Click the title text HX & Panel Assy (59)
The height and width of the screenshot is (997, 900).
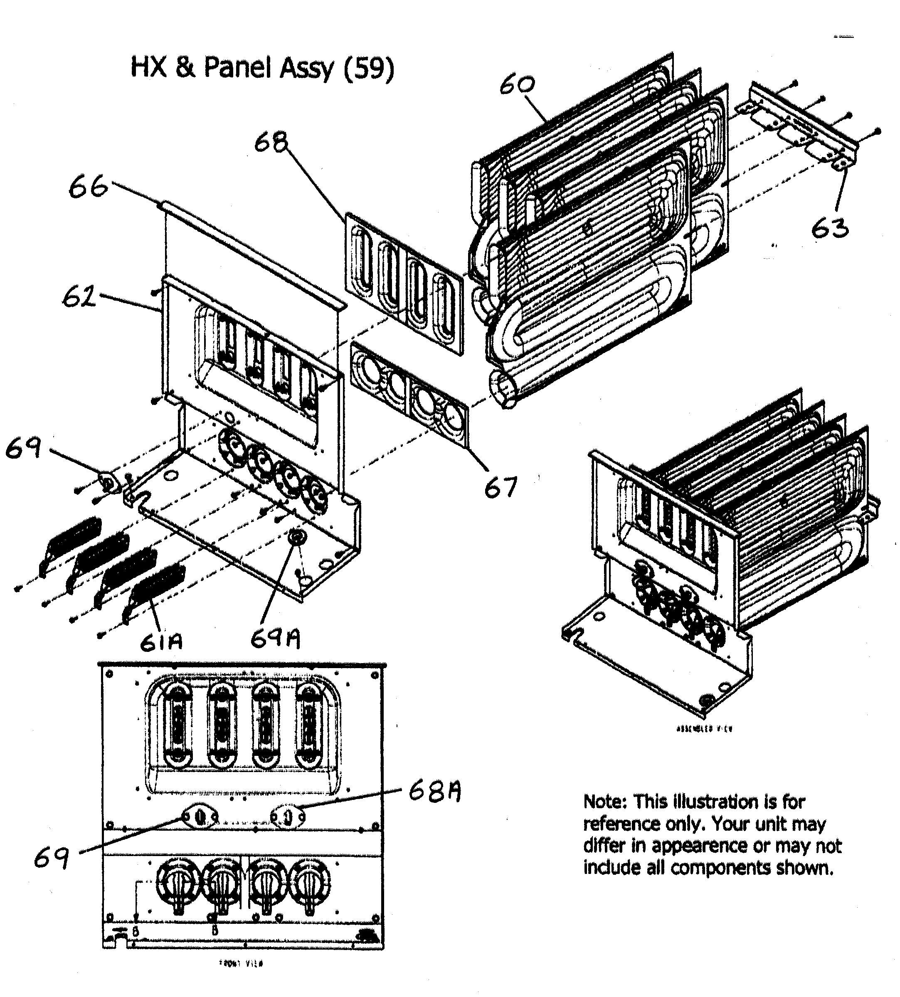tap(262, 68)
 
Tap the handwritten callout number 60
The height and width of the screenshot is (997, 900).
tap(517, 85)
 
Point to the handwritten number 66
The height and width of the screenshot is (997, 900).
tap(88, 188)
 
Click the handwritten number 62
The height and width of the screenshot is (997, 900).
tap(79, 297)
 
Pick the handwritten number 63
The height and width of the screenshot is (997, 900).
tap(830, 229)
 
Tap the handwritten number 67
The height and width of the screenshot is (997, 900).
tap(501, 487)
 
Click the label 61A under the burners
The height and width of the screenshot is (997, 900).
tap(161, 642)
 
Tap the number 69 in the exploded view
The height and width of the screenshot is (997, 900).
tap(24, 449)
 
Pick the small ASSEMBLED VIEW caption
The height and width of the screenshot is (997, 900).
tap(704, 728)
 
